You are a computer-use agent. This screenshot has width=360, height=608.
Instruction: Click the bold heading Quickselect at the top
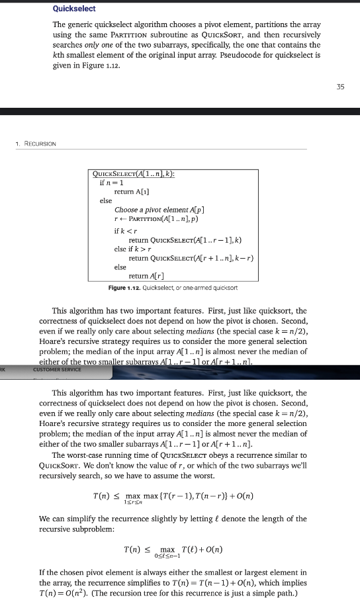coord(74,9)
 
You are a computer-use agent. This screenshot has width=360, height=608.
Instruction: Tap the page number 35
coord(340,86)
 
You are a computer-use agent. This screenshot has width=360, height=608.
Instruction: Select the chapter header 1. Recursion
coord(36,143)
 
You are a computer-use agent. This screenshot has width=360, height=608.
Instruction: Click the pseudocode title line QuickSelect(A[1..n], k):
coord(136,173)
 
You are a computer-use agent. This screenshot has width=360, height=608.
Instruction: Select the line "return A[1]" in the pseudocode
coord(132,191)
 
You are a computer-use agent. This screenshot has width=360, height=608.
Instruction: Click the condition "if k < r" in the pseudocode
coord(124,230)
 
